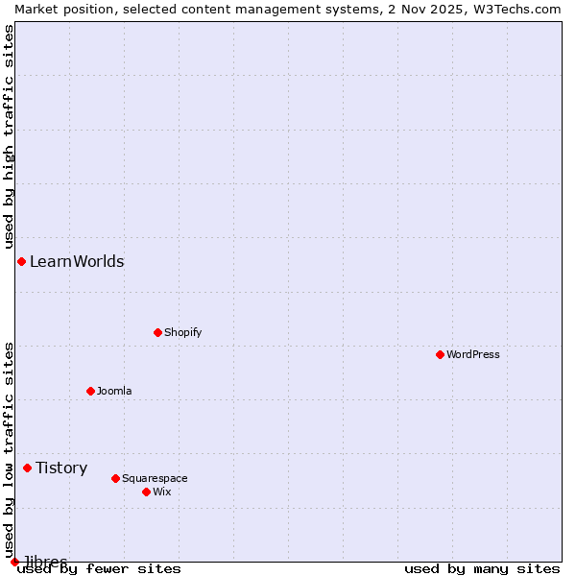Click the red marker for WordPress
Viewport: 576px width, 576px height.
tap(440, 354)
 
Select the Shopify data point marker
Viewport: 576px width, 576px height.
tap(157, 332)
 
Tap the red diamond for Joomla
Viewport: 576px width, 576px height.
tap(90, 391)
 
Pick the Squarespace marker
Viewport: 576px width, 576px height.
tap(115, 478)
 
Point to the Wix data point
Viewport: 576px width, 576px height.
tap(146, 492)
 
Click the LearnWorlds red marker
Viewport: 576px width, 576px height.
tap(21, 261)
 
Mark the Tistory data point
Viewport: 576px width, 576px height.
tap(27, 468)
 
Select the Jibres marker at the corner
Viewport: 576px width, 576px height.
tap(14, 562)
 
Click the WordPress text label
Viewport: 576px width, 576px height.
tap(473, 354)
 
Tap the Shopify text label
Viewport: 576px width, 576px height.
tap(182, 332)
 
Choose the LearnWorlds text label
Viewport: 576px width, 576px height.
tap(77, 261)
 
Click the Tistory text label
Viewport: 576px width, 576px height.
tap(61, 468)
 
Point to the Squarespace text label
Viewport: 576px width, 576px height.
tap(155, 478)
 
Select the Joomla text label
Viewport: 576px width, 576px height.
tap(114, 391)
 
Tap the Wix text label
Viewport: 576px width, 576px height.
tap(161, 492)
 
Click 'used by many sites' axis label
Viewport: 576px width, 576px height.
tap(482, 569)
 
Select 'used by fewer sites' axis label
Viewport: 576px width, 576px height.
tap(99, 569)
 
